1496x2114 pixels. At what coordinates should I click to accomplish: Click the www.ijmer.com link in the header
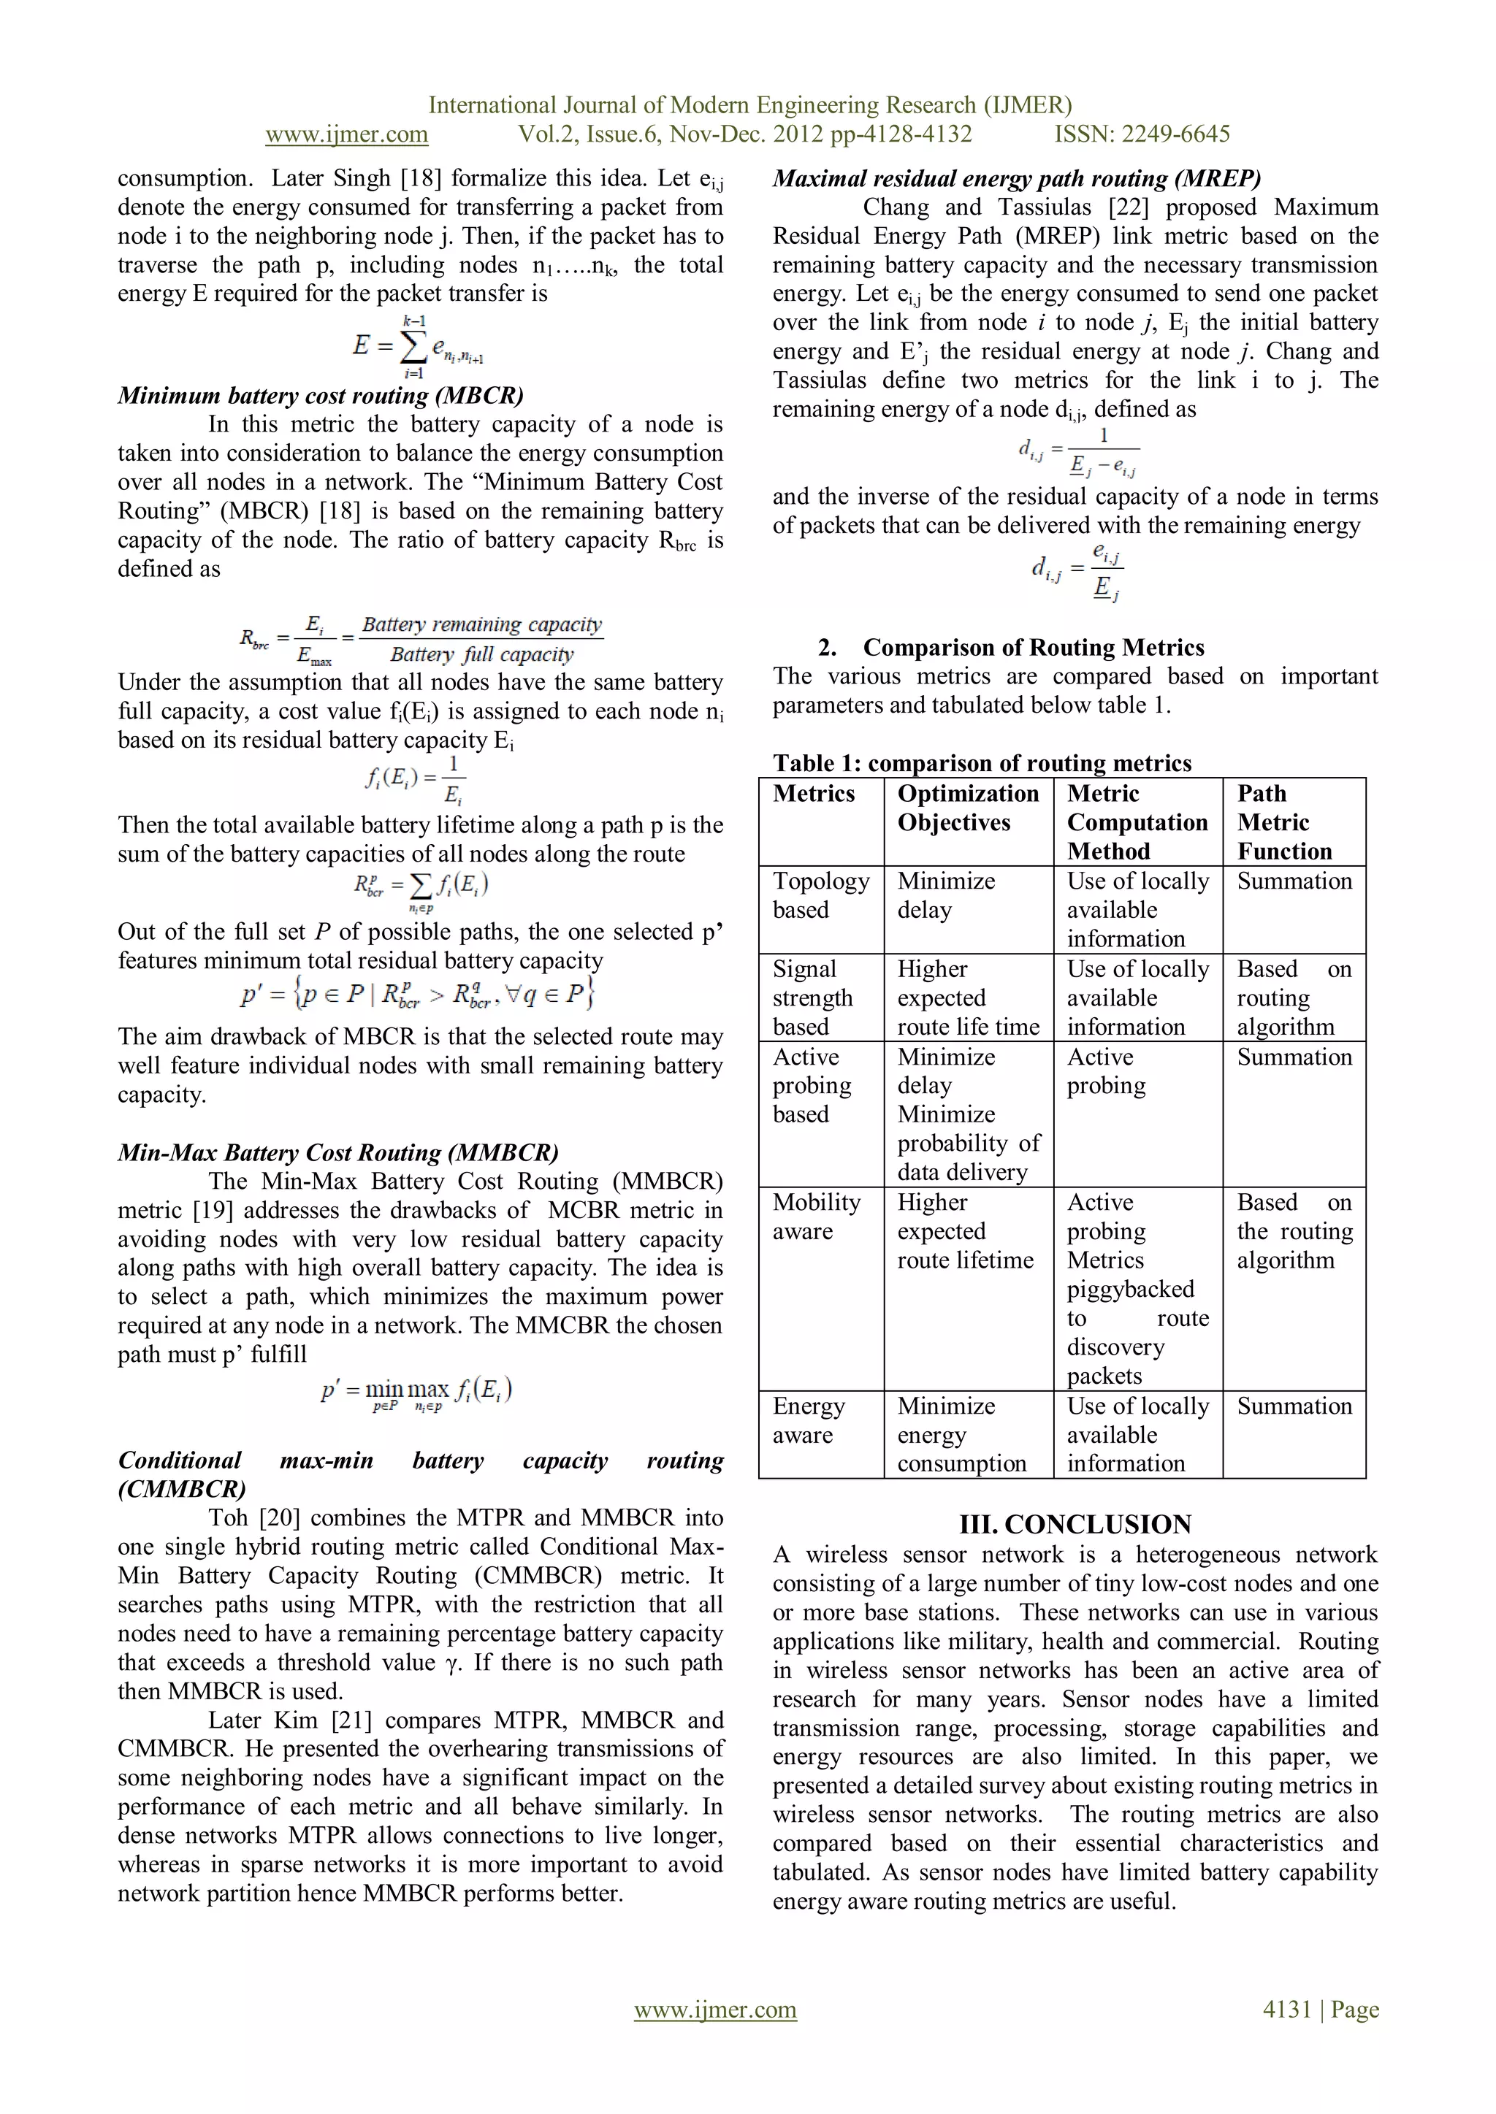pos(346,134)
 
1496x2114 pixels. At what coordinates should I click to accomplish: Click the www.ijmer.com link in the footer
pos(715,2009)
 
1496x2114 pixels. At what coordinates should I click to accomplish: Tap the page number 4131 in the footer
pos(1287,2009)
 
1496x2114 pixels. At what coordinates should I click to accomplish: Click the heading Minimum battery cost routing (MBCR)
pos(321,396)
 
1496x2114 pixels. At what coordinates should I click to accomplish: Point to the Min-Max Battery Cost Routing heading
pos(338,1153)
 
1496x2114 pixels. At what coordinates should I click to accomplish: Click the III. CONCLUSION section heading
pos(1075,1524)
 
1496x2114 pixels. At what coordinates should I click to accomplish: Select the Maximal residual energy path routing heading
pos(1016,179)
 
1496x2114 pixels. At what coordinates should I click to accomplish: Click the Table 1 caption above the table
pos(982,762)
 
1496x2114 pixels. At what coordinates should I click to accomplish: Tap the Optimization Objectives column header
pos(967,808)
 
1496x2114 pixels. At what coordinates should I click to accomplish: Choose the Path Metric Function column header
pos(1284,822)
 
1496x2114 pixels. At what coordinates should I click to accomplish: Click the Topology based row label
pos(820,895)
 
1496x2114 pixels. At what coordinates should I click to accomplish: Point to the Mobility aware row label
pos(816,1217)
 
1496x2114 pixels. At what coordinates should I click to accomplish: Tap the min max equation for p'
pos(416,1392)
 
